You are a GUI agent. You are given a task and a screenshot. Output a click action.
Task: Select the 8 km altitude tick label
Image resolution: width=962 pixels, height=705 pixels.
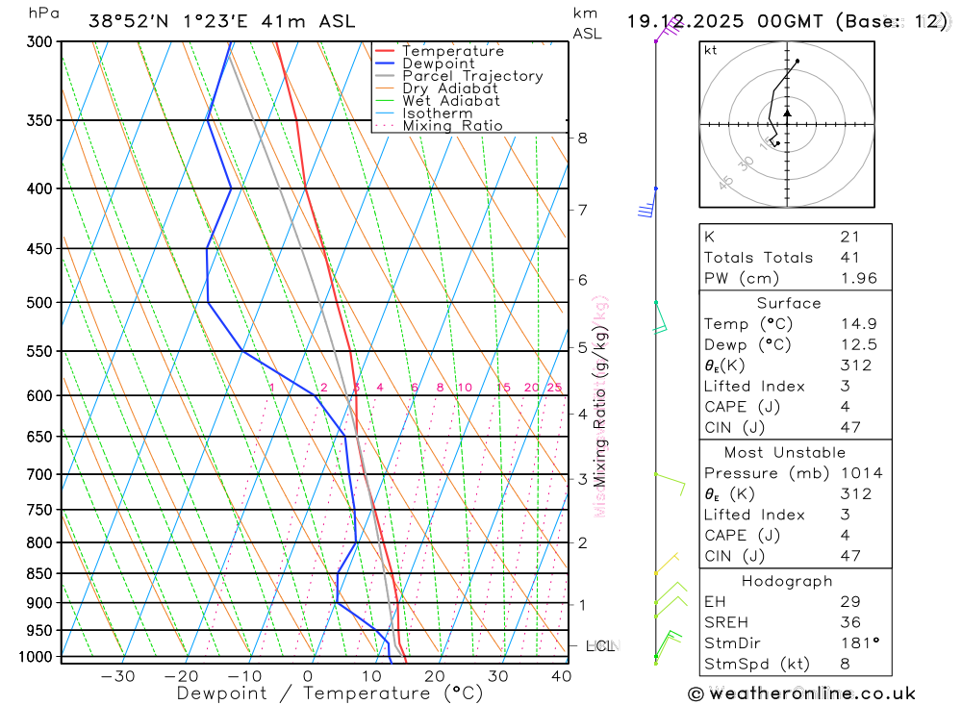[582, 138]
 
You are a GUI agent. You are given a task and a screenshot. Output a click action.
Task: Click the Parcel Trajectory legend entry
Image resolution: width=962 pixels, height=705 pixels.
[471, 76]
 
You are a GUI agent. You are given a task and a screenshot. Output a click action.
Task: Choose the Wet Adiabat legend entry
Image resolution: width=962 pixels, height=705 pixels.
[450, 101]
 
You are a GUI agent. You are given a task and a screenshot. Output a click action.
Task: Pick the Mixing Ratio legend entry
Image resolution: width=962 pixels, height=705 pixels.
[452, 126]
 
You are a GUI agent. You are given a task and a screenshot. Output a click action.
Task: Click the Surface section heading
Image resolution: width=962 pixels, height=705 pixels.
[789, 303]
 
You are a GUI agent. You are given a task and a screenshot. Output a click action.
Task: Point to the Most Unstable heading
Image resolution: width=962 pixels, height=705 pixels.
[786, 452]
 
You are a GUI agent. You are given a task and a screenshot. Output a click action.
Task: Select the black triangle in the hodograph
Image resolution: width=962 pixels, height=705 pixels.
[787, 113]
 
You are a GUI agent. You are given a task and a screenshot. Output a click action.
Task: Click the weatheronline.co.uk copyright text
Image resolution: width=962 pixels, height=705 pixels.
[802, 693]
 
